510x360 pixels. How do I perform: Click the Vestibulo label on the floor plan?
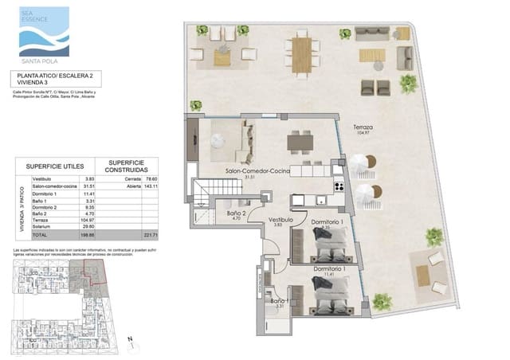(x=280, y=220)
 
